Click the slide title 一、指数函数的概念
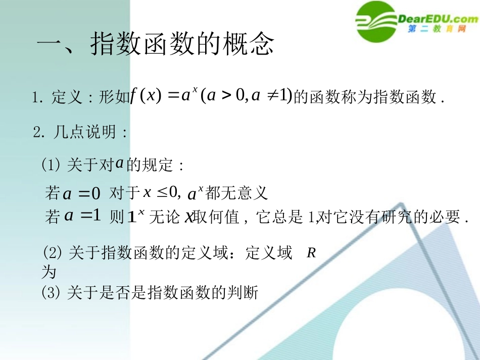(x=156, y=45)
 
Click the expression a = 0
(x=81, y=193)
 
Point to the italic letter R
(x=311, y=253)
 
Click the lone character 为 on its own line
(x=49, y=272)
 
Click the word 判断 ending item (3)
(x=247, y=292)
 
